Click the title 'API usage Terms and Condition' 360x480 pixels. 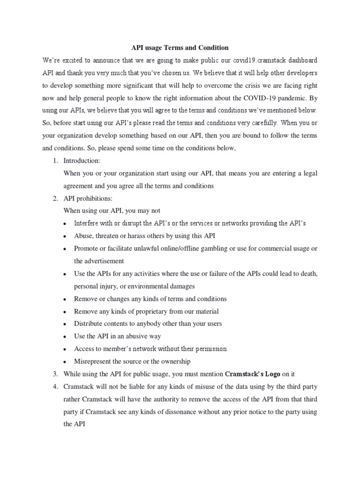(x=179, y=48)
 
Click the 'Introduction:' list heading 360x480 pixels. (x=82, y=161)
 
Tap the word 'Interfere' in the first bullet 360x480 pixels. (x=87, y=224)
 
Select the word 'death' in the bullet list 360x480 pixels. (x=308, y=274)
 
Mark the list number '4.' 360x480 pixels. (x=55, y=387)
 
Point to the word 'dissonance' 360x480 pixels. (x=191, y=412)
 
